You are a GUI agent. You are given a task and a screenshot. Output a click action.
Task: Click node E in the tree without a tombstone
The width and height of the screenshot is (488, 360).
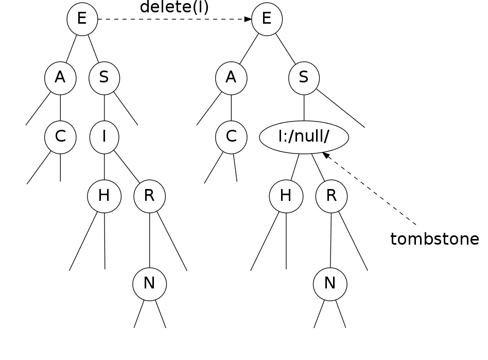pyautogui.click(x=82, y=20)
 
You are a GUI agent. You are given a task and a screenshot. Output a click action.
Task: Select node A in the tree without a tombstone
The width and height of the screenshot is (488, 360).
pyautogui.click(x=60, y=78)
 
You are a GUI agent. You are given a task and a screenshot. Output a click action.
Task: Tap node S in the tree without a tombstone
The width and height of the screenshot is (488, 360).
pyautogui.click(x=104, y=78)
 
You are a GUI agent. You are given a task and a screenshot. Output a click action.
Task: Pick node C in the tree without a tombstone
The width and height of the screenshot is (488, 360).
pyautogui.click(x=60, y=138)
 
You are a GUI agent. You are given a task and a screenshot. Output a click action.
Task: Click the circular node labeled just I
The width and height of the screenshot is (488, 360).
pyautogui.click(x=104, y=138)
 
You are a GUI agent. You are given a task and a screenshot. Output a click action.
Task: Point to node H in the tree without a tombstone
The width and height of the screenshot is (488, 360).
pyautogui.click(x=104, y=196)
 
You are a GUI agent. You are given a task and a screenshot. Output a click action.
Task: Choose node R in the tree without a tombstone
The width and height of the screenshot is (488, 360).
pyautogui.click(x=149, y=196)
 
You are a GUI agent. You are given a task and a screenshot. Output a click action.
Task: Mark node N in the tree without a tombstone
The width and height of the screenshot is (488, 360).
pyautogui.click(x=149, y=284)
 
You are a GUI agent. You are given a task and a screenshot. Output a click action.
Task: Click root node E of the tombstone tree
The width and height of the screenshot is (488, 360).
pyautogui.click(x=267, y=20)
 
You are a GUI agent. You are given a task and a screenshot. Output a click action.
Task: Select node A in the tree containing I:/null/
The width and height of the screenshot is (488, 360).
pyautogui.click(x=231, y=78)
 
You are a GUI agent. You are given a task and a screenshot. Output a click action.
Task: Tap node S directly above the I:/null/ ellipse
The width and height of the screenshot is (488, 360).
pyautogui.click(x=304, y=78)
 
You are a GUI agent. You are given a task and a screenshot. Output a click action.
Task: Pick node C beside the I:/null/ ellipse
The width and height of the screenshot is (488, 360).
pyautogui.click(x=231, y=138)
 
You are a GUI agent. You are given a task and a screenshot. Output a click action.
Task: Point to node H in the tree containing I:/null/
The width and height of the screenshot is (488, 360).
pyautogui.click(x=286, y=196)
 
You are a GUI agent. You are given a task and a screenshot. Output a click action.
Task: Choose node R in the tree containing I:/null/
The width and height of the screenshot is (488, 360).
pyautogui.click(x=332, y=196)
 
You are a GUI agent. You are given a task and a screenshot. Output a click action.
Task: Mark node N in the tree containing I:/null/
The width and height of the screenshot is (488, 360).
pyautogui.click(x=330, y=284)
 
